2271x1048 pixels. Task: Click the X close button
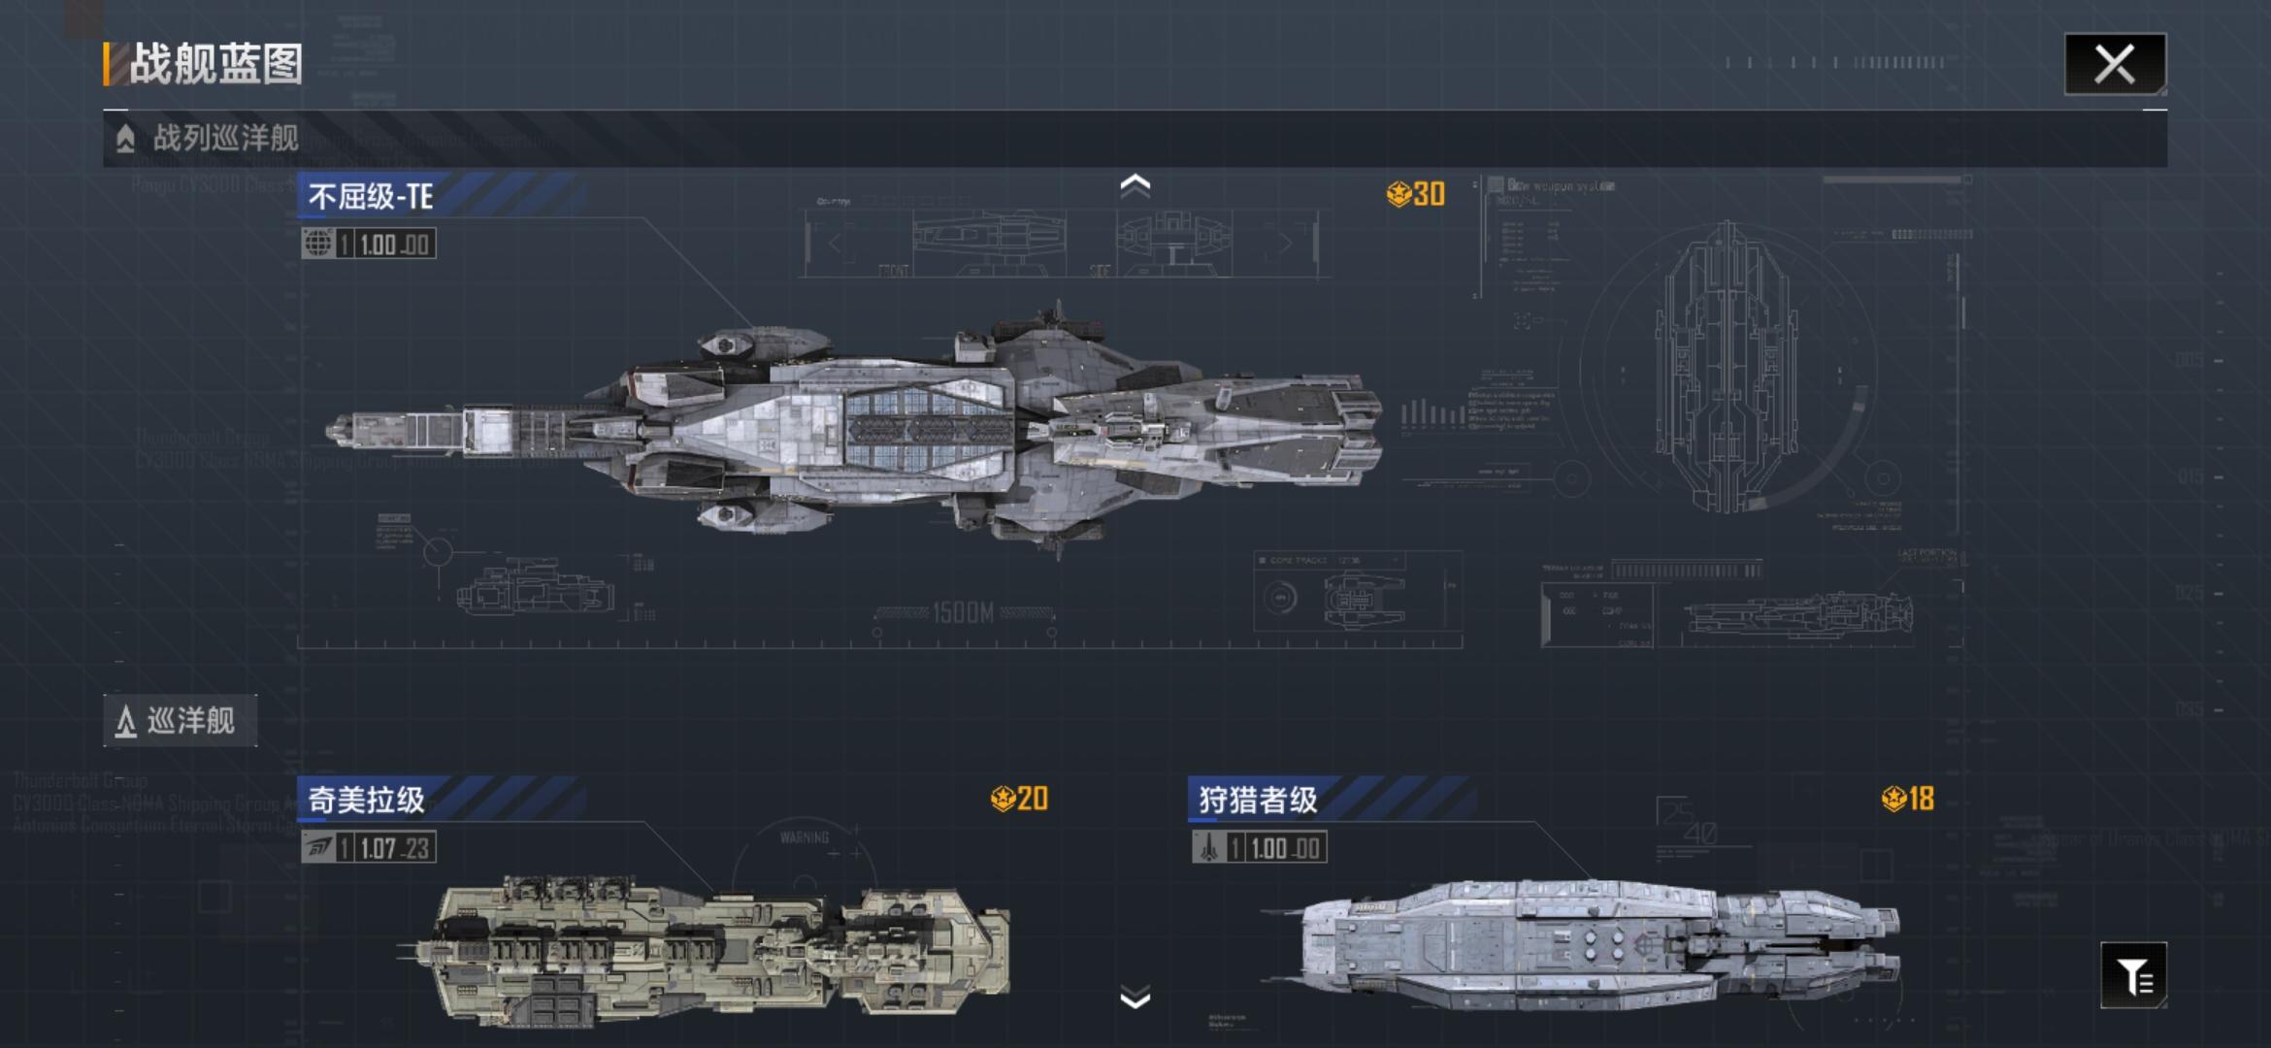click(2114, 65)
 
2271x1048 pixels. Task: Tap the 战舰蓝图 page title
click(215, 65)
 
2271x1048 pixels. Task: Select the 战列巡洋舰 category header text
click(225, 138)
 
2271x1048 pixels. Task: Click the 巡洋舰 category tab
click(181, 721)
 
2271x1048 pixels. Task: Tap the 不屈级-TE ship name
click(371, 197)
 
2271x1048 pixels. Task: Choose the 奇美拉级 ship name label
click(367, 801)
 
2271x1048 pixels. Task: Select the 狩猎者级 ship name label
click(1258, 801)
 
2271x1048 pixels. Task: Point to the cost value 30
click(1428, 194)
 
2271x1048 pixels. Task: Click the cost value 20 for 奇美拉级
click(1031, 799)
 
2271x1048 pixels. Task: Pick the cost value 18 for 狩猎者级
click(1920, 799)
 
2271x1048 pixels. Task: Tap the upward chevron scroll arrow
click(1135, 184)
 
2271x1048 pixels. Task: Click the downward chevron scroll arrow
click(1135, 998)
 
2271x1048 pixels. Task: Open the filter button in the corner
click(2133, 975)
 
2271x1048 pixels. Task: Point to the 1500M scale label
click(963, 613)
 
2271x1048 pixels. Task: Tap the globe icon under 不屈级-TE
click(317, 244)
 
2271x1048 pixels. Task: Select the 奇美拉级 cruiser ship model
click(708, 951)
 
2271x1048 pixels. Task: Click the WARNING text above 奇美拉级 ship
click(805, 837)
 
